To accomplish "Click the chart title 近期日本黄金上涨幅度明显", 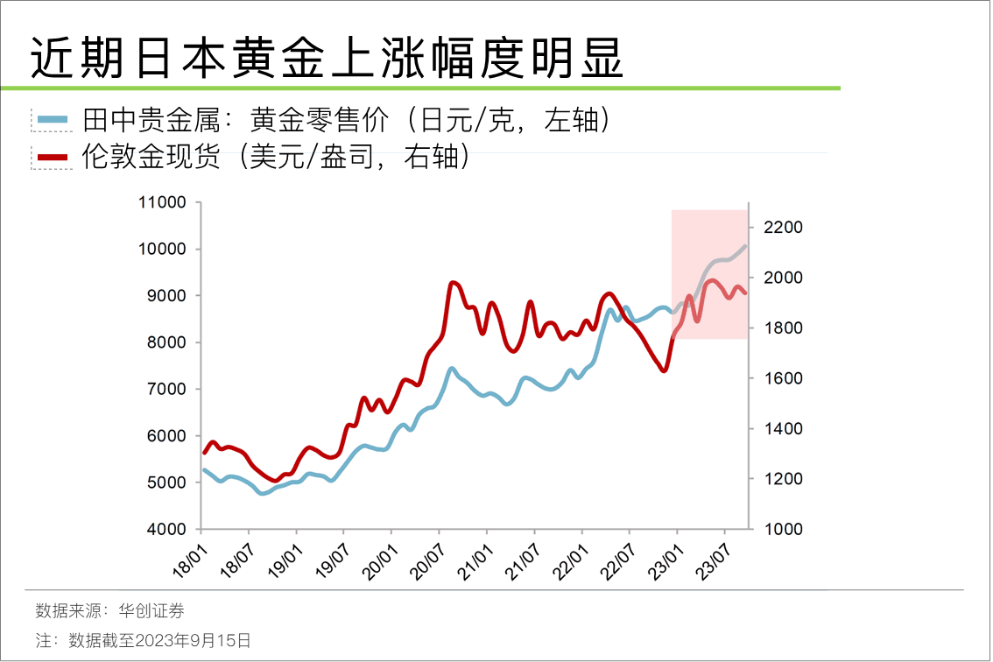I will [327, 59].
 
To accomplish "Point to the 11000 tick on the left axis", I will [164, 202].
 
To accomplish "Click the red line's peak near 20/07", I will [452, 282].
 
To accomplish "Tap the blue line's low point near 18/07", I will [262, 494].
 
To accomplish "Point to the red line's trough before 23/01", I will [664, 370].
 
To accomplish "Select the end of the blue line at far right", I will [745, 246].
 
